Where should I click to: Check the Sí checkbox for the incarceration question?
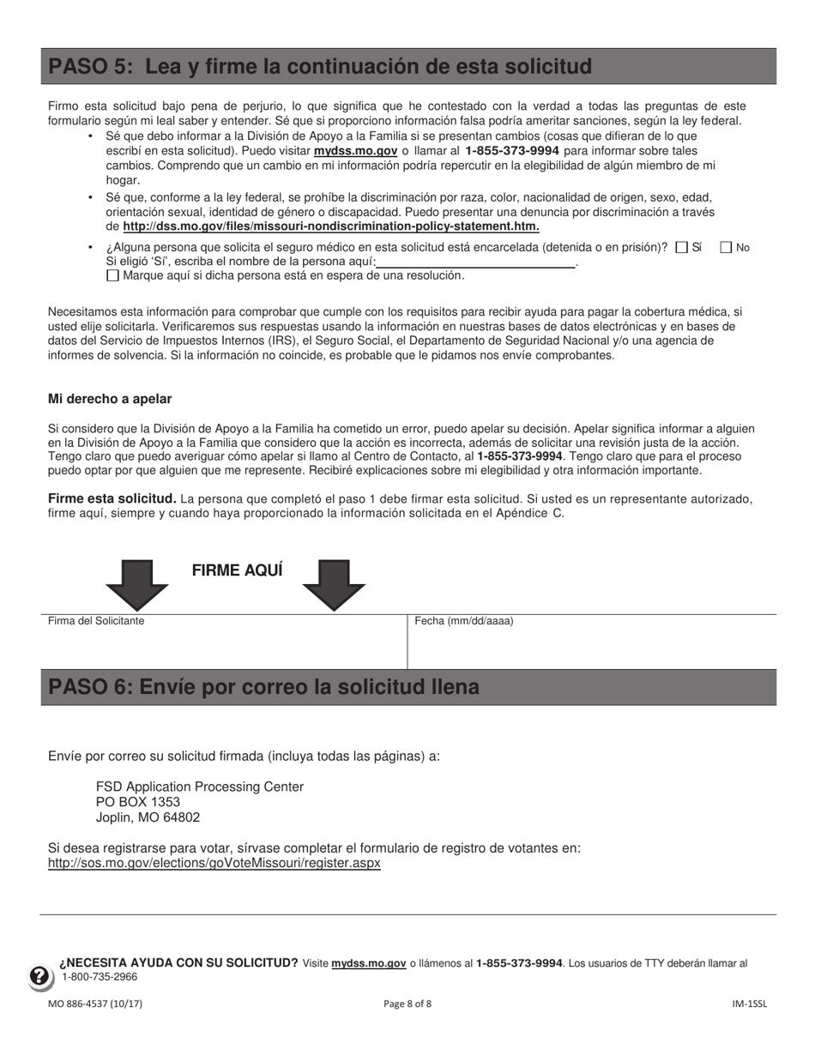(x=682, y=248)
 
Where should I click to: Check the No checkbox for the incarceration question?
(x=726, y=248)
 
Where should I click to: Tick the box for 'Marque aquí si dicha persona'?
(x=112, y=276)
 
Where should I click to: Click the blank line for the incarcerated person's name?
(x=476, y=262)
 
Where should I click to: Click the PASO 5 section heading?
(x=320, y=67)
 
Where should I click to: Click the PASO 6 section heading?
(x=264, y=688)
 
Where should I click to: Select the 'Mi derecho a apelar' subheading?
(x=110, y=399)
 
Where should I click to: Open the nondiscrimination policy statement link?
(x=331, y=226)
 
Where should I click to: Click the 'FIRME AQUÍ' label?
(x=237, y=571)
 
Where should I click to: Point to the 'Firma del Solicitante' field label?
(x=96, y=621)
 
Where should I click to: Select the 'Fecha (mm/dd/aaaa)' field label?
(x=464, y=621)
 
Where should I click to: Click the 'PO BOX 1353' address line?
(x=138, y=802)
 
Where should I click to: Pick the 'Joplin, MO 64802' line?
(x=148, y=817)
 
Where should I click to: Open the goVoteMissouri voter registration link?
(x=214, y=864)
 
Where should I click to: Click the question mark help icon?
(x=40, y=976)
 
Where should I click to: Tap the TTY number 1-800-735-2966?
(x=100, y=977)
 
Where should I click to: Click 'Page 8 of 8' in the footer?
(x=407, y=1004)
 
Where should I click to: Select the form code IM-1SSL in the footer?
(x=749, y=1004)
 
